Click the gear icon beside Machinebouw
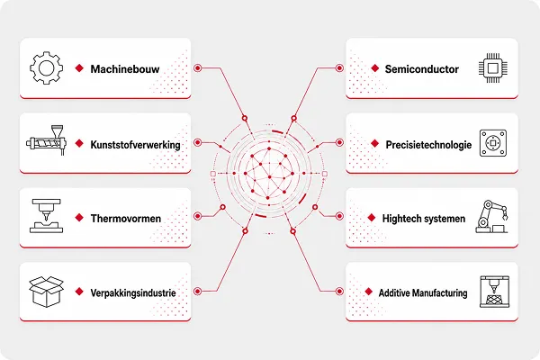(x=47, y=67)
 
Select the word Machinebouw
(x=125, y=69)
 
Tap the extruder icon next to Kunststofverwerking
(x=46, y=140)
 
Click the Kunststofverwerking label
(x=135, y=145)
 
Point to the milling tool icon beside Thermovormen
(x=46, y=216)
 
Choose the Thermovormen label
(x=126, y=219)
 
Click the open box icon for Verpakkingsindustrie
(x=47, y=292)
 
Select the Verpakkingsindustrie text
(x=133, y=292)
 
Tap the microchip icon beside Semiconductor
(x=493, y=67)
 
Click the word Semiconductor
(x=422, y=69)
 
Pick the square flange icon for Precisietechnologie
(x=493, y=143)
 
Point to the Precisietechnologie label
(x=428, y=145)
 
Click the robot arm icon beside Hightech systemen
(x=491, y=217)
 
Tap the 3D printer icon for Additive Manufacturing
(x=494, y=292)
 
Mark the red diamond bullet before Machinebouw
(x=79, y=68)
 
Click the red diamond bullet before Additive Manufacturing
(x=368, y=292)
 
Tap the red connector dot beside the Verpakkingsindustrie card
(x=197, y=292)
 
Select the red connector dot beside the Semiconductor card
(x=339, y=67)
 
